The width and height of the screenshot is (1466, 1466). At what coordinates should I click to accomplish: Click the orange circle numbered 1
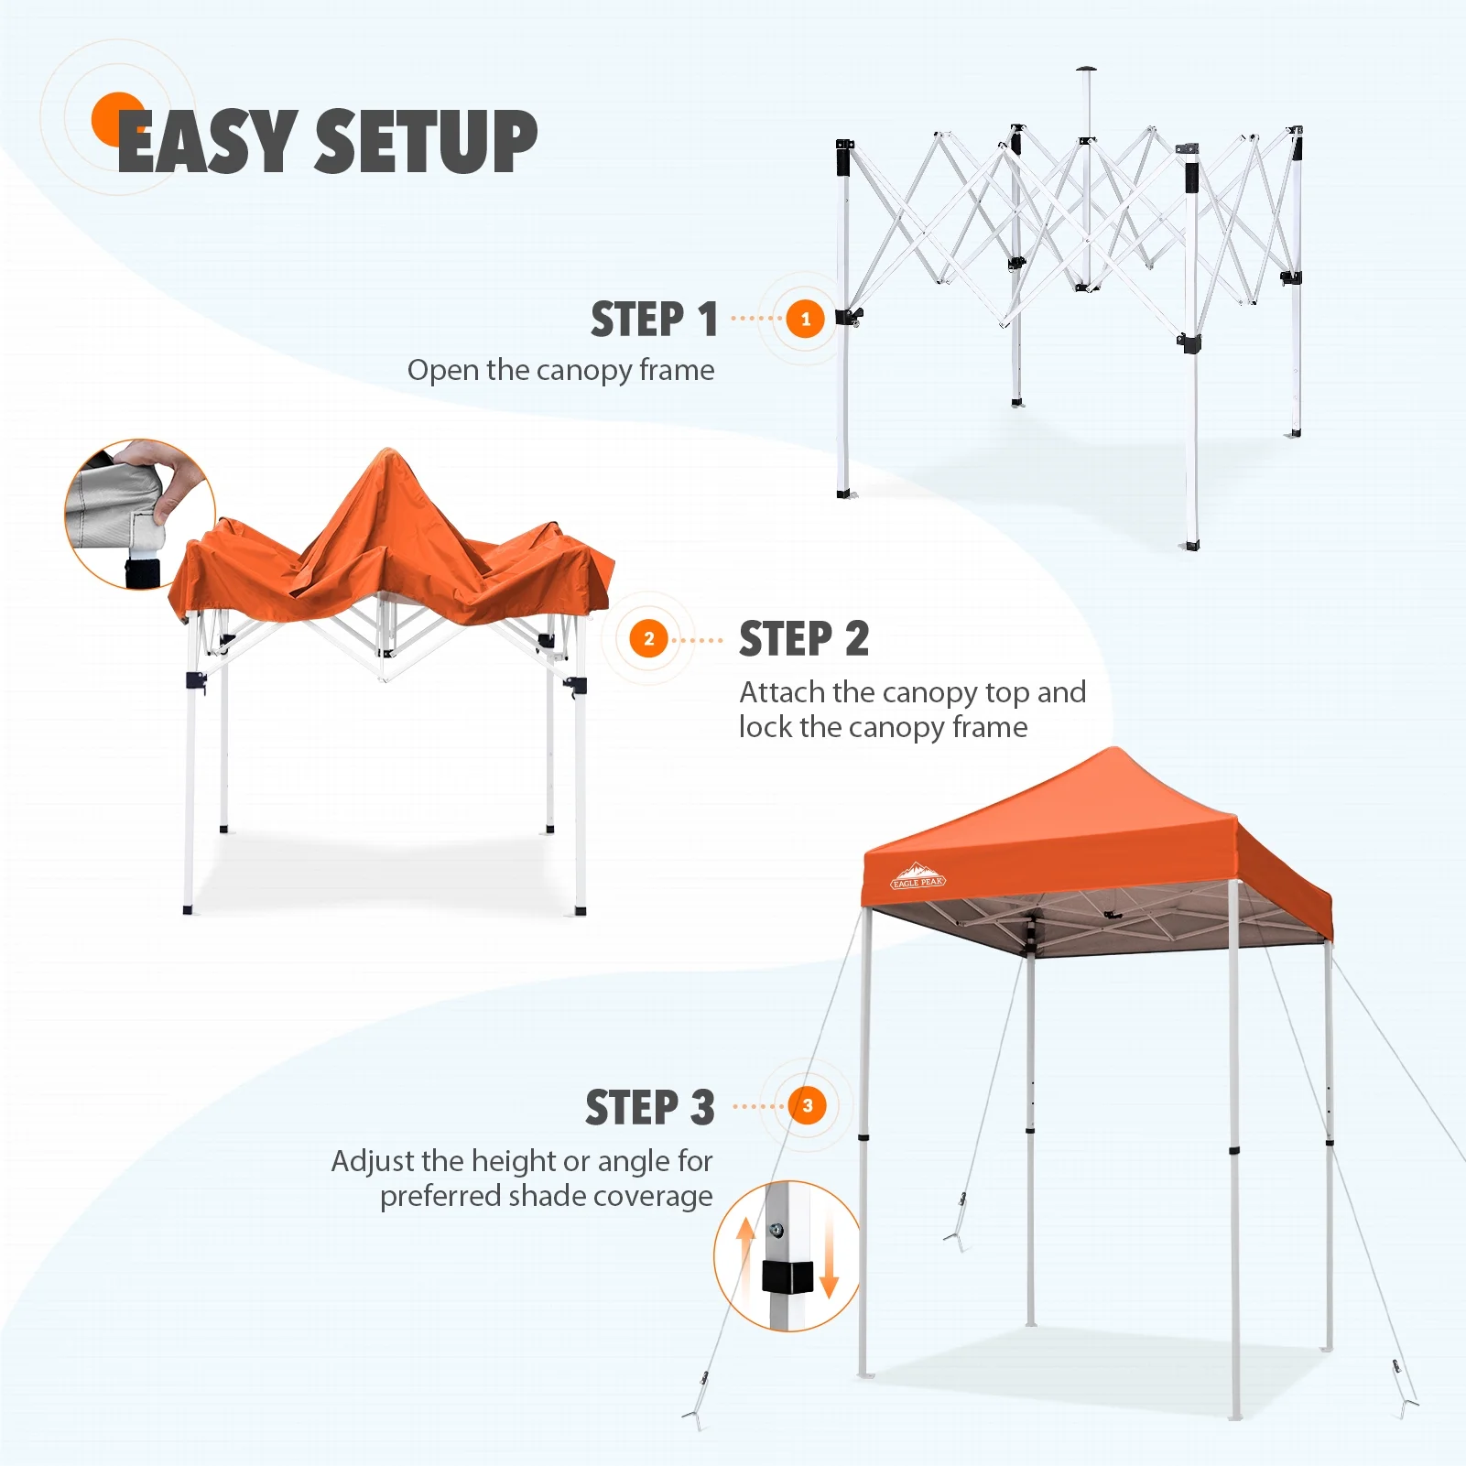pyautogui.click(x=805, y=319)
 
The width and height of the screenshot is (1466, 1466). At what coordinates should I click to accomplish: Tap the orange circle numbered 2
pyautogui.click(x=648, y=638)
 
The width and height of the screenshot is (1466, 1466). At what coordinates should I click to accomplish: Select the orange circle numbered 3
pyautogui.click(x=807, y=1105)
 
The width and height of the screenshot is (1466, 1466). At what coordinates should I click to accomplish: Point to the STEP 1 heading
pyautogui.click(x=654, y=320)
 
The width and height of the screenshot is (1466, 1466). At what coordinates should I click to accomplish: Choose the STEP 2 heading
pyautogui.click(x=803, y=638)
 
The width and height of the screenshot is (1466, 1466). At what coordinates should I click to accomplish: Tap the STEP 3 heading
pyautogui.click(x=649, y=1107)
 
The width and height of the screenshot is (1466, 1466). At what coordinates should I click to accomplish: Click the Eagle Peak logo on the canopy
pyautogui.click(x=918, y=875)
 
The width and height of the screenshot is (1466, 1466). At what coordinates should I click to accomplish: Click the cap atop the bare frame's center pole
pyautogui.click(x=1086, y=70)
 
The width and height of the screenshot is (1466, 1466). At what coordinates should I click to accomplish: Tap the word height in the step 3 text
pyautogui.click(x=513, y=1162)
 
